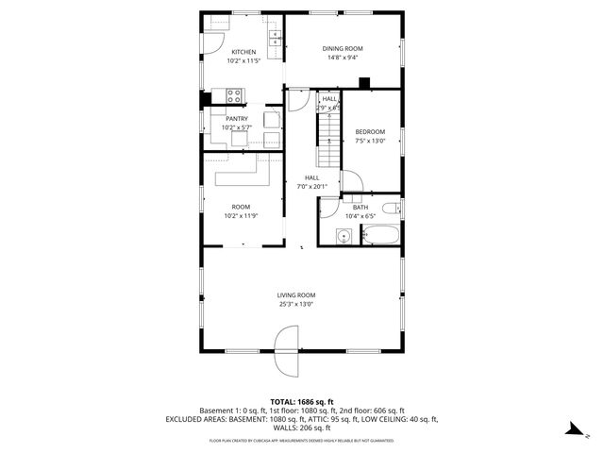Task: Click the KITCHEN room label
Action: click(x=243, y=52)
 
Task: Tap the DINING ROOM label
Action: click(x=342, y=48)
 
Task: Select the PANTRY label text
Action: click(x=236, y=119)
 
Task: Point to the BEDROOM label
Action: click(x=369, y=131)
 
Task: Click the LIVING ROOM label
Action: click(x=295, y=294)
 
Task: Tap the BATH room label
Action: click(x=361, y=207)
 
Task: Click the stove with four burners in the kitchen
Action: click(x=235, y=94)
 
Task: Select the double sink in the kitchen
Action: click(x=275, y=39)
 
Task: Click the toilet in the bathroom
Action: click(x=391, y=210)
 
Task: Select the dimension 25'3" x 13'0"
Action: click(x=295, y=304)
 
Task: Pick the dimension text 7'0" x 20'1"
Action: click(x=311, y=186)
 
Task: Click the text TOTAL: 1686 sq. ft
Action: click(x=302, y=402)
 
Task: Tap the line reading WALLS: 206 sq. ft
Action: click(x=302, y=428)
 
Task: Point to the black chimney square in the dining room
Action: click(x=364, y=82)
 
